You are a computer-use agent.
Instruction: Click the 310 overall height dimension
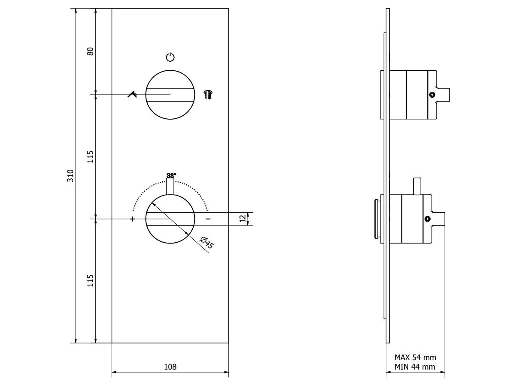(71, 175)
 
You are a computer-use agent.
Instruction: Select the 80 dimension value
(91, 51)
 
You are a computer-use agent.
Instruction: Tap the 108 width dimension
(170, 367)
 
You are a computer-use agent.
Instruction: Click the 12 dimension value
(243, 219)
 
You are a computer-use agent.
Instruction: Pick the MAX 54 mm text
(415, 357)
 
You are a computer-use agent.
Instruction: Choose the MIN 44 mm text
(415, 367)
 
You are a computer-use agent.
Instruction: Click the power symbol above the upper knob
(170, 57)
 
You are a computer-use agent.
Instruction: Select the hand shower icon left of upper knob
(132, 94)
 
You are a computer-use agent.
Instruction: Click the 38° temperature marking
(171, 175)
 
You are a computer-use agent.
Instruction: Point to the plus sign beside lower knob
(132, 219)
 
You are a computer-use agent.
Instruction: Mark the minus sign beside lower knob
(208, 219)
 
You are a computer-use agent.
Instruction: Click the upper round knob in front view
(170, 94)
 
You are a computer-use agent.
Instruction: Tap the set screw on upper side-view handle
(432, 95)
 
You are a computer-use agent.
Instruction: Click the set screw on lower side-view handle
(427, 219)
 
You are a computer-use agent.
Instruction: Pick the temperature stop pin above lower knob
(170, 186)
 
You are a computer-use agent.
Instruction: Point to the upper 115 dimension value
(91, 156)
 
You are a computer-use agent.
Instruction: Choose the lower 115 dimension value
(91, 281)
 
